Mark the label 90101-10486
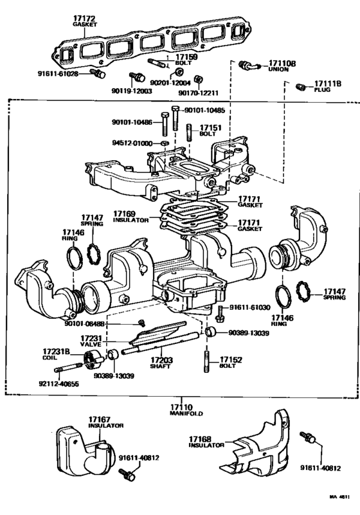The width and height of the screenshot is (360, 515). (x=132, y=121)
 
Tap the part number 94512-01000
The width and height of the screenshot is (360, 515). (x=132, y=143)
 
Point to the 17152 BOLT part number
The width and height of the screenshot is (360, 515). (x=231, y=360)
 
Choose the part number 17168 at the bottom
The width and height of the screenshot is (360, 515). (x=200, y=438)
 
